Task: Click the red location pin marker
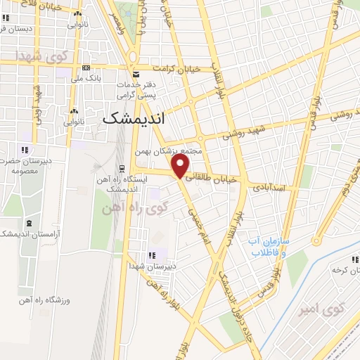coord(181,166)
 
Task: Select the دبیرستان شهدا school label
coord(153,266)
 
